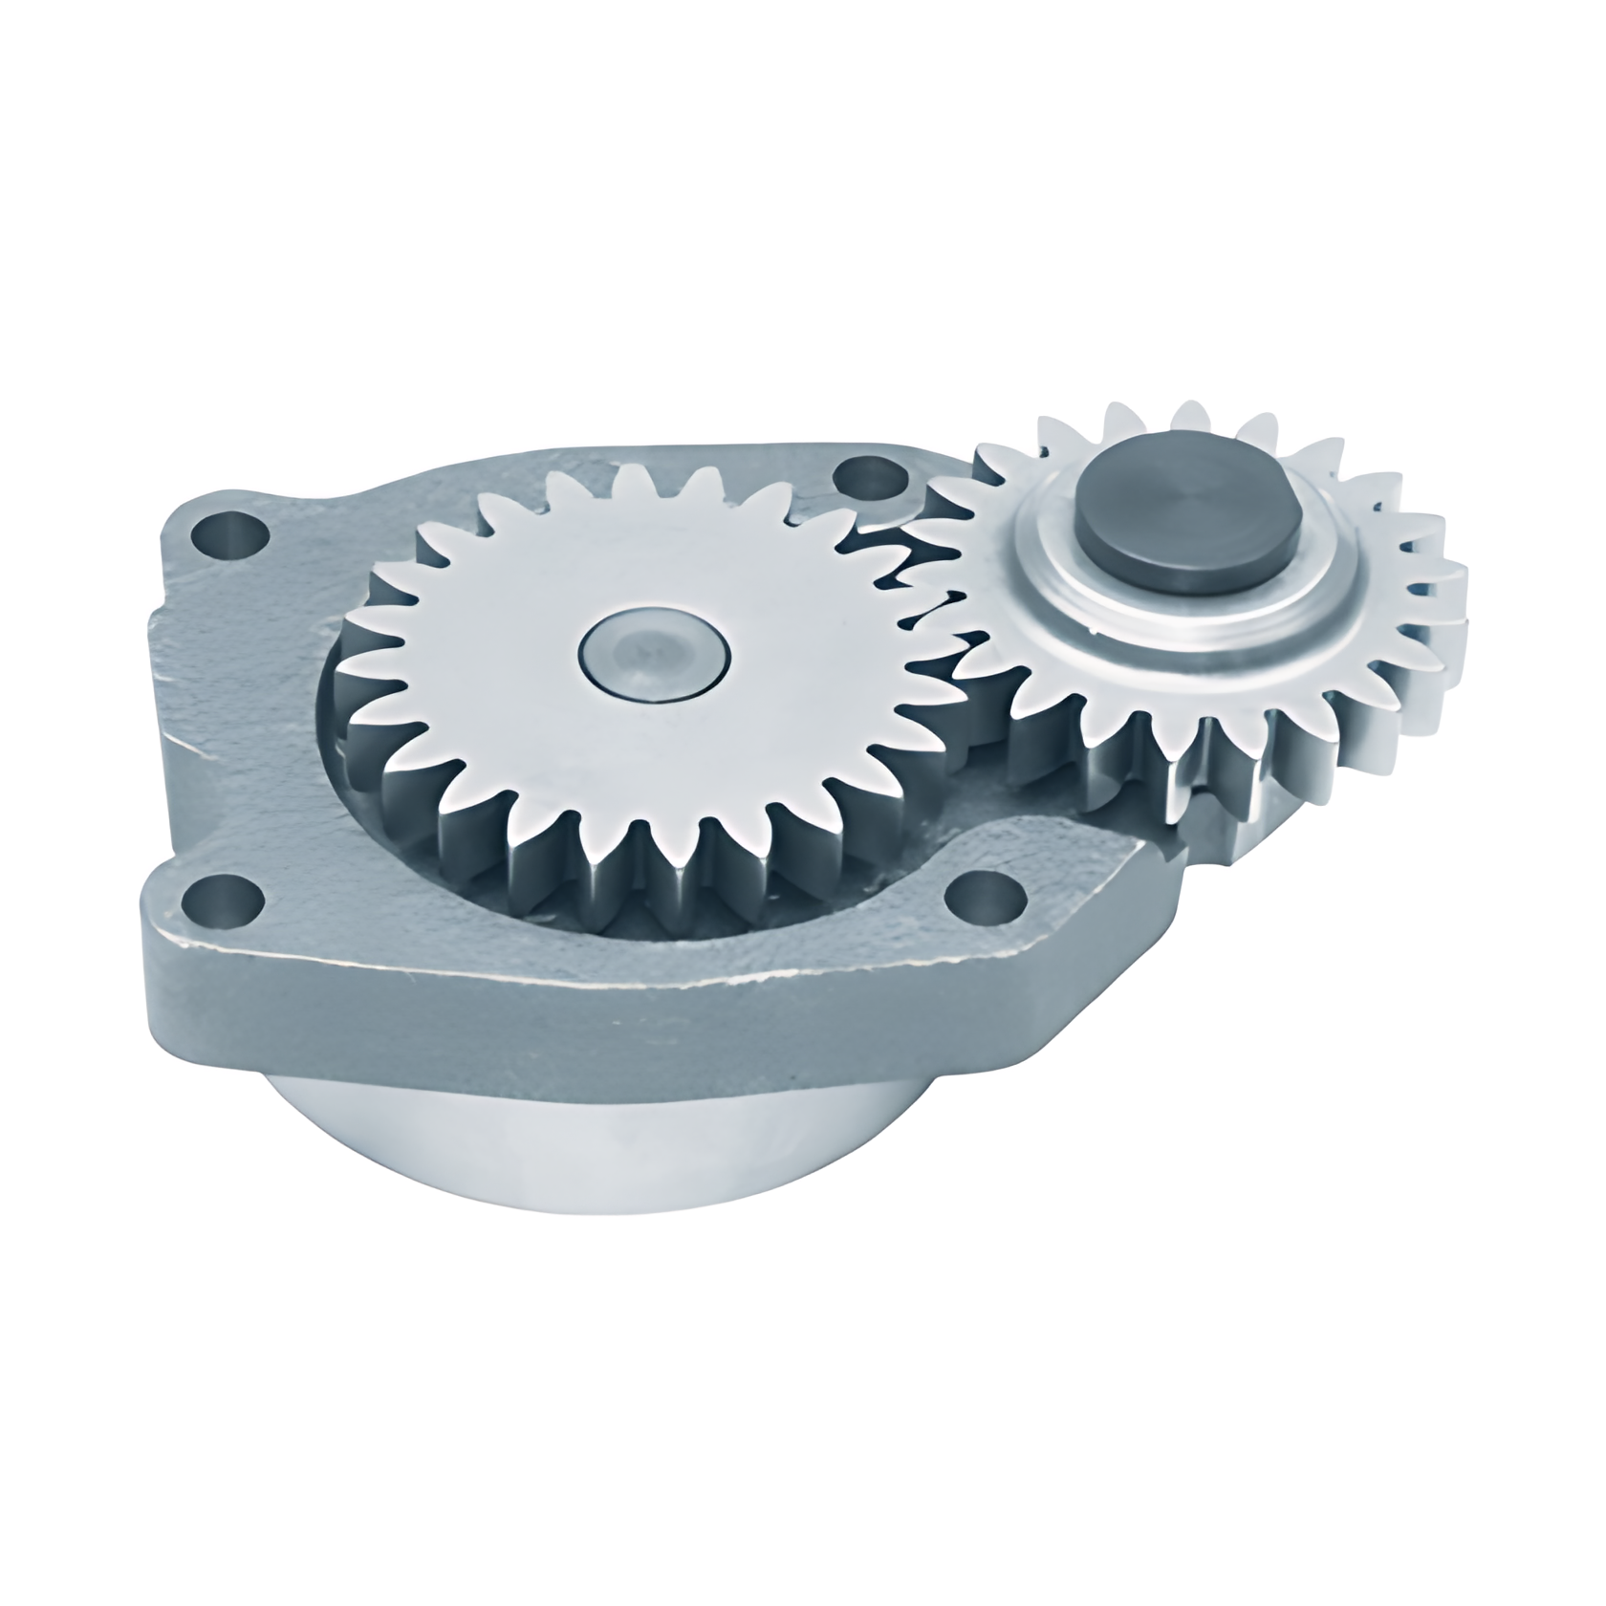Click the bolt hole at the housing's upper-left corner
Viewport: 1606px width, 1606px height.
coord(229,536)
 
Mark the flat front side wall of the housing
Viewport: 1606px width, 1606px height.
coord(574,1013)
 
